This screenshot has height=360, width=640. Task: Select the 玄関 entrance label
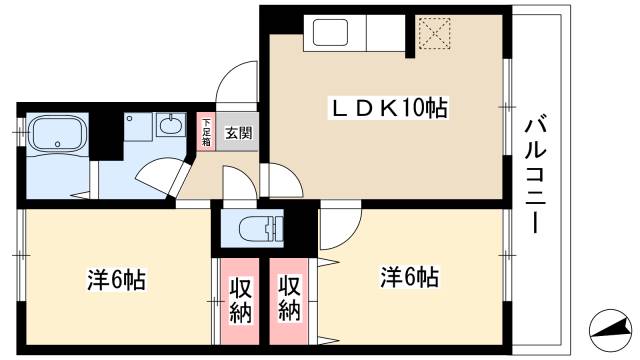(237, 131)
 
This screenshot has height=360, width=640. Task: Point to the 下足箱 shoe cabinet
(206, 131)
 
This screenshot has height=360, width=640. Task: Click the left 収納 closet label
(240, 298)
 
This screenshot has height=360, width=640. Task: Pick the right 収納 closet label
(290, 298)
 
